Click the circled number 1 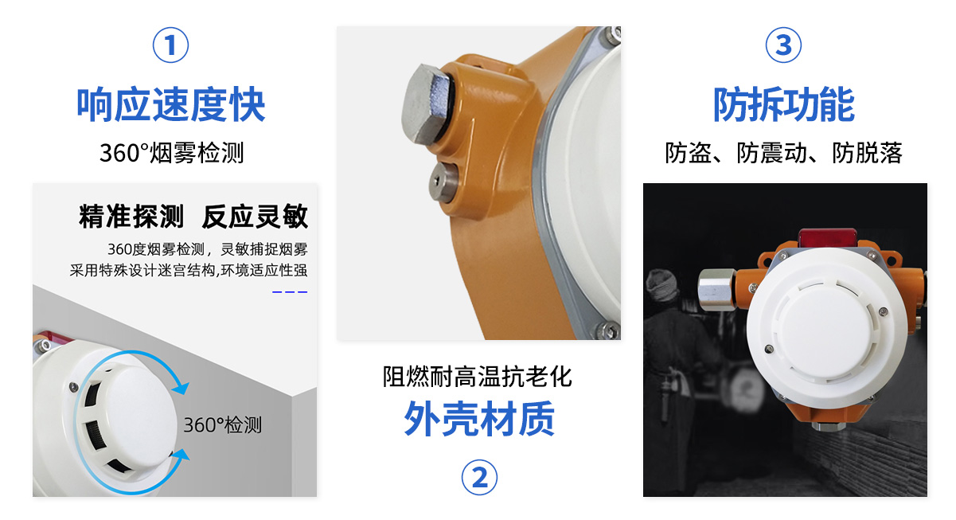pyautogui.click(x=170, y=45)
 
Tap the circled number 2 pyautogui.click(x=479, y=478)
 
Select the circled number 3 pyautogui.click(x=783, y=45)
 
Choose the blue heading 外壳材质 pyautogui.click(x=479, y=419)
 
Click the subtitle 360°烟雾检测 pyautogui.click(x=171, y=153)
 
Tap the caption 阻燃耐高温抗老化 pyautogui.click(x=478, y=376)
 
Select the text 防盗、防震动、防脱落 pyautogui.click(x=784, y=153)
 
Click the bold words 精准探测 pyautogui.click(x=131, y=217)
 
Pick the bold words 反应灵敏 pyautogui.click(x=255, y=217)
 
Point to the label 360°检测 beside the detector pyautogui.click(x=222, y=425)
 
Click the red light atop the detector pyautogui.click(x=829, y=237)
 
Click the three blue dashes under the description pyautogui.click(x=290, y=292)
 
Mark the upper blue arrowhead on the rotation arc pyautogui.click(x=181, y=388)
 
